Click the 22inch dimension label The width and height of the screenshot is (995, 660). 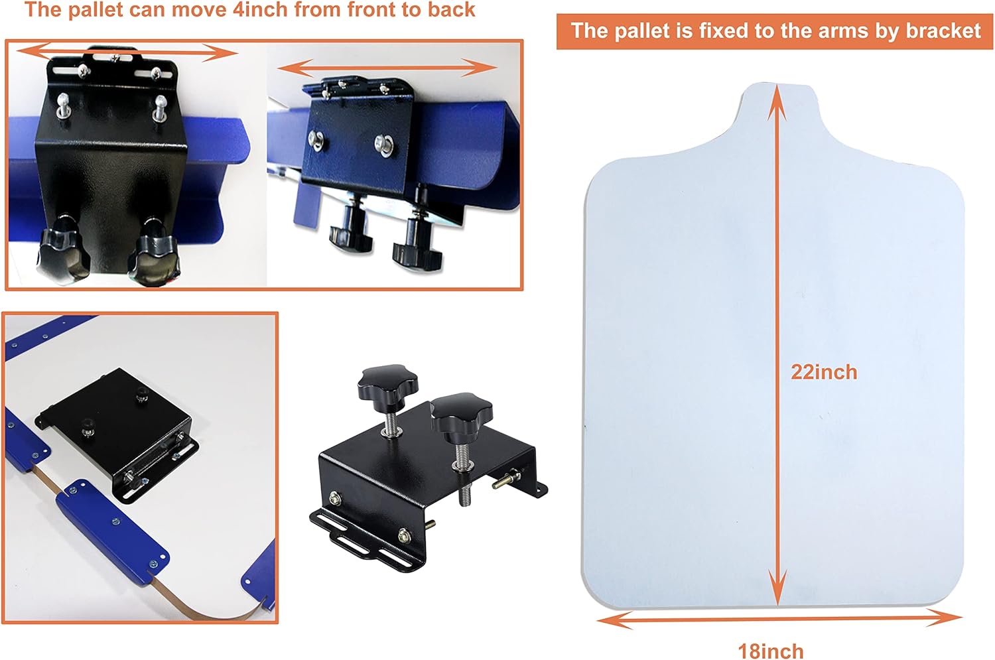coord(824,372)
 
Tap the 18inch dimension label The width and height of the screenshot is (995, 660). coord(771,651)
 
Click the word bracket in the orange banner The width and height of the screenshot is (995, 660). coord(943,31)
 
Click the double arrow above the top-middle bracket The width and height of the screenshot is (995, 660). coord(387,68)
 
